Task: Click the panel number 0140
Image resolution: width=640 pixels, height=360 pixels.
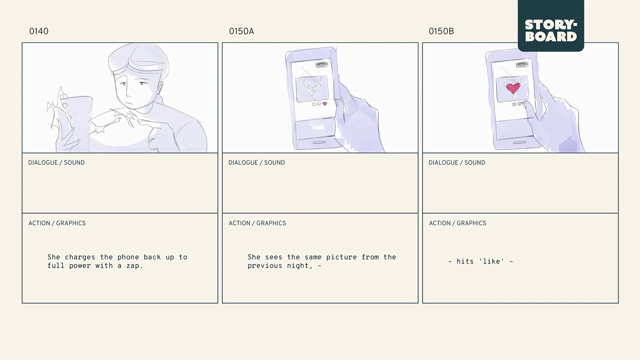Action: point(39,31)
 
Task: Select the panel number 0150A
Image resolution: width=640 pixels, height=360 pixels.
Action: point(241,31)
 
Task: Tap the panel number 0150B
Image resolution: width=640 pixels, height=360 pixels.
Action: point(441,31)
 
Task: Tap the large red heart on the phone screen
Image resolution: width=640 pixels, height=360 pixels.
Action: point(513,88)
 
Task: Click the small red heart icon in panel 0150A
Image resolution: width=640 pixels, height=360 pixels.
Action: point(325,104)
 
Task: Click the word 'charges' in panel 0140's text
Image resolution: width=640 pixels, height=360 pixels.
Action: point(80,257)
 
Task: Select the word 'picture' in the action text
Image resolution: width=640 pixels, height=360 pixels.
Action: point(341,257)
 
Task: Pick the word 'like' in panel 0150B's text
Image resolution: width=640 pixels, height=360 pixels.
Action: point(491,261)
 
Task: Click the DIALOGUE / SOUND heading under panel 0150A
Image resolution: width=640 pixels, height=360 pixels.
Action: point(256,163)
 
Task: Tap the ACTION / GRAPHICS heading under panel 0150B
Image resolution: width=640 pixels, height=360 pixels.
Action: point(457,223)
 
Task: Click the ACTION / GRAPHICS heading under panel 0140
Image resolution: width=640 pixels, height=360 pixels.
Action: point(57,223)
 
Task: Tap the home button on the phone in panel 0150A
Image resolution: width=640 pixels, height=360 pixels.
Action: point(319,143)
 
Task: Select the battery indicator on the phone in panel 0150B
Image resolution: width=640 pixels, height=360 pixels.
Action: point(522,64)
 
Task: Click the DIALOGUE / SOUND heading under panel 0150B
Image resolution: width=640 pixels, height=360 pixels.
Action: point(457,163)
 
